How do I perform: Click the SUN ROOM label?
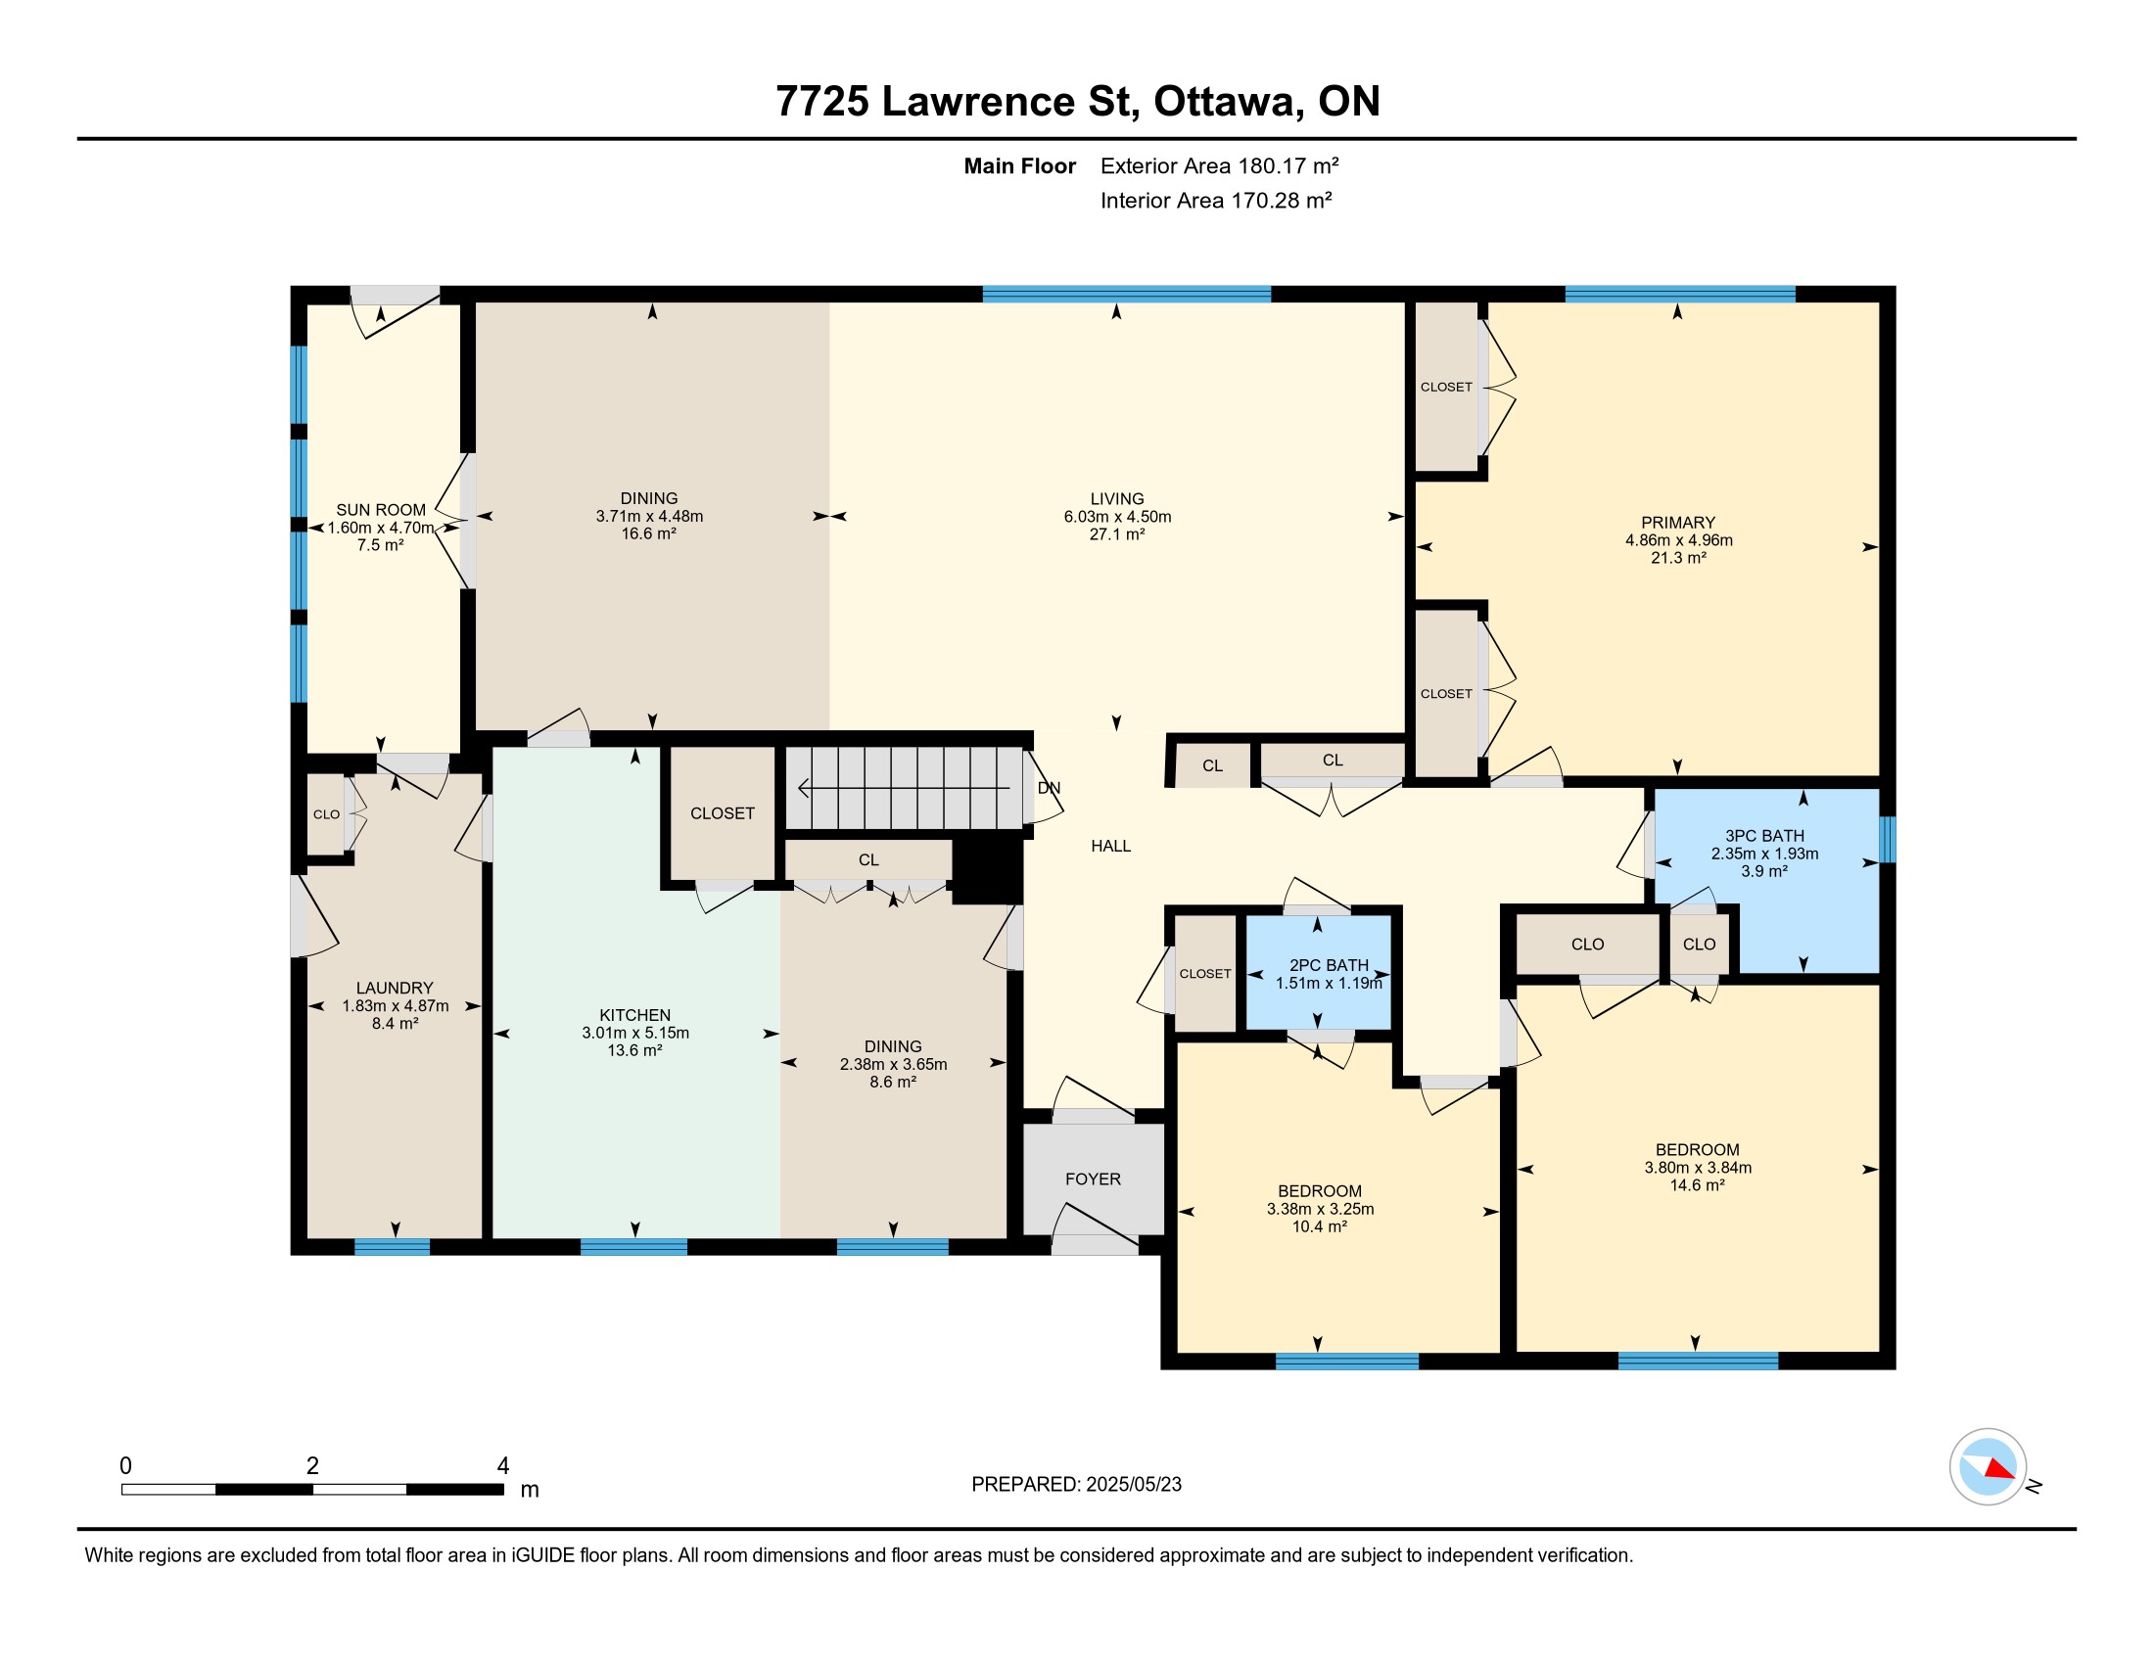(x=381, y=510)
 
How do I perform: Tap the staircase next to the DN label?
(x=904, y=788)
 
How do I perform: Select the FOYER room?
(x=1093, y=1179)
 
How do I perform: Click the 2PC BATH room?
(x=1319, y=973)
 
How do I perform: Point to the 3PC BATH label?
(x=1764, y=836)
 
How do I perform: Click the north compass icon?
(x=1989, y=1467)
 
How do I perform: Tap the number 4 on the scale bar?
(x=503, y=1466)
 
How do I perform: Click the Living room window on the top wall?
(x=1126, y=294)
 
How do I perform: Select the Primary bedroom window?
(x=1679, y=294)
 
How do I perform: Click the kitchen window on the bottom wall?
(x=634, y=1247)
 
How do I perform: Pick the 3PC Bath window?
(x=1888, y=839)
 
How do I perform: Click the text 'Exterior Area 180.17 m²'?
(x=1219, y=165)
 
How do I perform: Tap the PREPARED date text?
(x=1076, y=1485)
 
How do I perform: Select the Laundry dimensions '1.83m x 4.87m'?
(x=396, y=1005)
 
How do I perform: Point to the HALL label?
(x=1110, y=846)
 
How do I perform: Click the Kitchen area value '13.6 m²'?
(x=635, y=1051)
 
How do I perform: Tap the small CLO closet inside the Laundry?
(x=326, y=814)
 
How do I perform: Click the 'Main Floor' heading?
(x=1020, y=165)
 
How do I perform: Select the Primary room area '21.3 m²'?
(x=1678, y=558)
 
